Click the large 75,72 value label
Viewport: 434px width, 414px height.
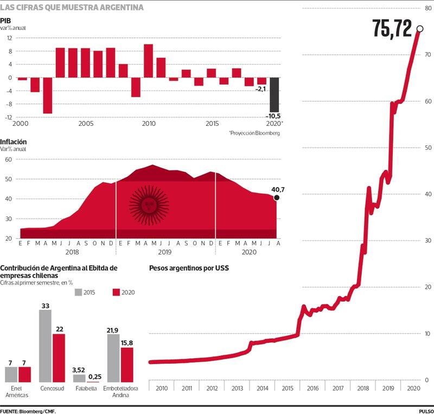point(392,28)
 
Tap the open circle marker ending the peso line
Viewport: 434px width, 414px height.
point(420,28)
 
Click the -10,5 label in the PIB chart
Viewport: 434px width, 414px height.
point(275,116)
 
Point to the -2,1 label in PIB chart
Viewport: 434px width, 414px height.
point(261,88)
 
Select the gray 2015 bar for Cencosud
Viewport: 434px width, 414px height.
point(45,346)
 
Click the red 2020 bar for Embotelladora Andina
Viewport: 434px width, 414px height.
point(126,365)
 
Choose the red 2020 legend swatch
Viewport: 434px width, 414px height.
point(115,292)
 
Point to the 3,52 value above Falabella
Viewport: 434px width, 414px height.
point(79,370)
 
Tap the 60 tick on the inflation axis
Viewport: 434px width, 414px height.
point(9,160)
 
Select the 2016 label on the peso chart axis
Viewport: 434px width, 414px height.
point(312,389)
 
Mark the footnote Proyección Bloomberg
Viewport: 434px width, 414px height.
point(254,133)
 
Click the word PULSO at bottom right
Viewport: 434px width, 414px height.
point(425,411)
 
